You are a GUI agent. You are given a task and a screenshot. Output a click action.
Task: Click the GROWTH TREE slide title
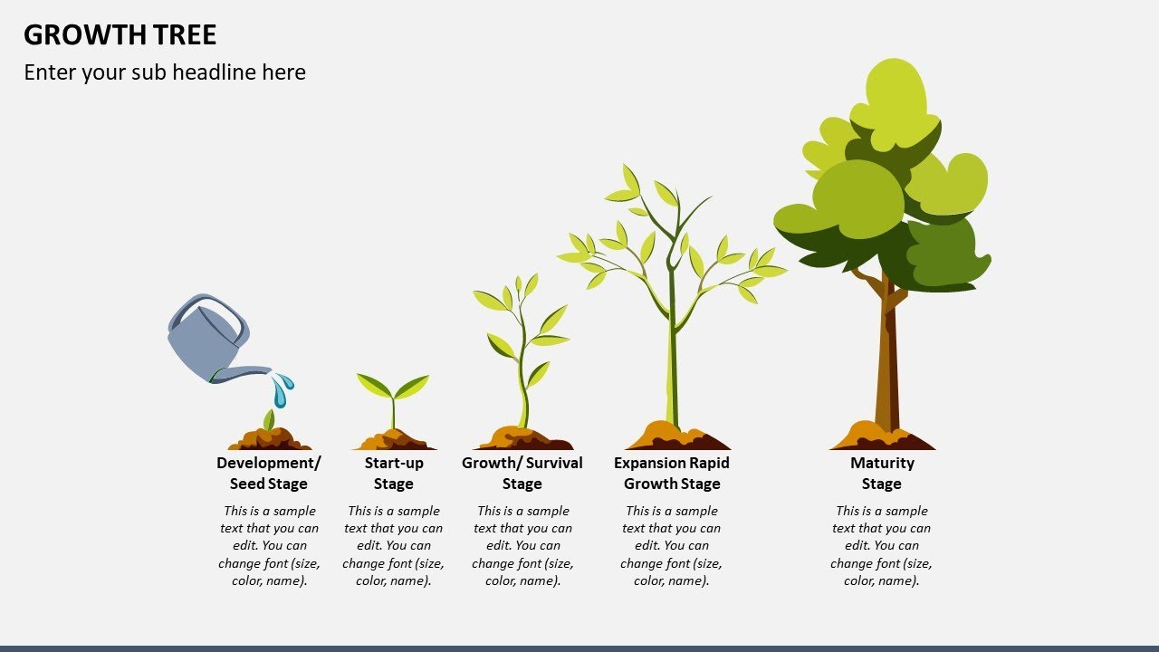click(120, 35)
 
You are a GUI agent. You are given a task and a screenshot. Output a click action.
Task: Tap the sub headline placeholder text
click(165, 72)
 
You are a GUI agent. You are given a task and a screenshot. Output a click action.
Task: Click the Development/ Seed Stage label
click(268, 473)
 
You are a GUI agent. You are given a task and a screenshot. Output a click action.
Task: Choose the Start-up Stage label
click(394, 473)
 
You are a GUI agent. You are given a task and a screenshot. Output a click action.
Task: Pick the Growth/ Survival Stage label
click(522, 473)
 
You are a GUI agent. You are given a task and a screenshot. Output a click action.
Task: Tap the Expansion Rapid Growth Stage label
click(672, 473)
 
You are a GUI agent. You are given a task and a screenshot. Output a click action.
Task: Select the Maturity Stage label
click(882, 473)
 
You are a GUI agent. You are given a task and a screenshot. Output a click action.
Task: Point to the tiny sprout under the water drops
click(268, 419)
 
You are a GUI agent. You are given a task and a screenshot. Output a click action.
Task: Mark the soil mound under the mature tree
click(882, 437)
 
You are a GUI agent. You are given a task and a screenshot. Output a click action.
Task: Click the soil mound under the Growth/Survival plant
click(522, 439)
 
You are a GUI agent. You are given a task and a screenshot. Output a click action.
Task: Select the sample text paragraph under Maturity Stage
click(882, 545)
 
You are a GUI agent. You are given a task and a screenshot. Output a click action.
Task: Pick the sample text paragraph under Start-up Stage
click(394, 545)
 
